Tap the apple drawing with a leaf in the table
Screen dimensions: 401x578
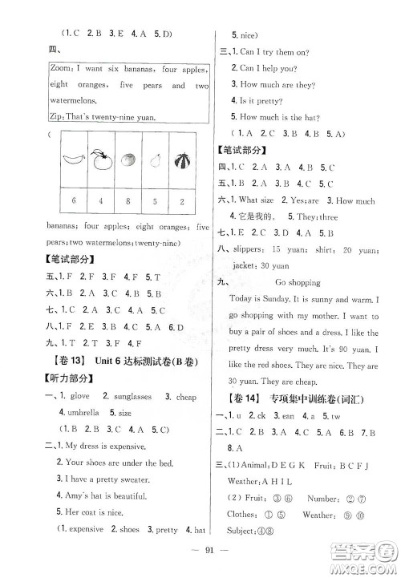[99, 158]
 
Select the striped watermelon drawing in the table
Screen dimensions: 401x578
[184, 159]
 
